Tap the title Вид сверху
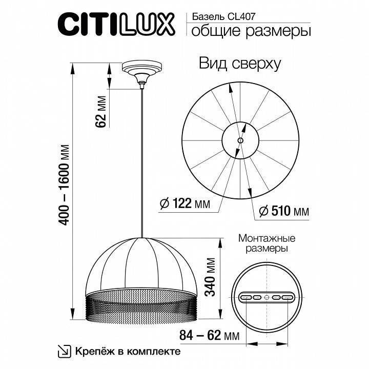pos(239,64)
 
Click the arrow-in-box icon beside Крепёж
pos(65,351)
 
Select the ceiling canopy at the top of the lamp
pos(141,71)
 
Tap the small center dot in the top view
pos(241,139)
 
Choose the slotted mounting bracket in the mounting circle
pos(266,297)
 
